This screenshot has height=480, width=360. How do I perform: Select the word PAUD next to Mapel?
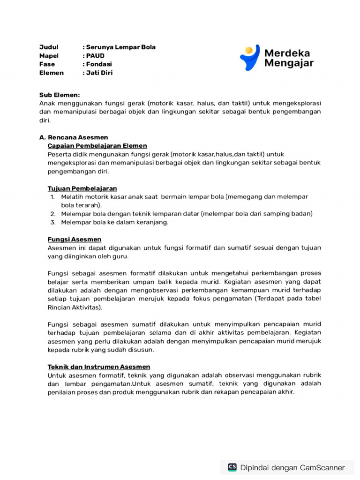pyautogui.click(x=95, y=56)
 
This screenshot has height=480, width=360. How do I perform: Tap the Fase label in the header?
pyautogui.click(x=47, y=64)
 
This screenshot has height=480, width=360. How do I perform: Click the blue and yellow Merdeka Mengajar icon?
pyautogui.click(x=250, y=58)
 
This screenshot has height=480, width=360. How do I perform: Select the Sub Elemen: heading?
pyautogui.click(x=60, y=95)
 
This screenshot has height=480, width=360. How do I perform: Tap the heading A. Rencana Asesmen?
pyautogui.click(x=74, y=137)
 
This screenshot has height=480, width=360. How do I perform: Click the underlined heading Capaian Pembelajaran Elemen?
pyautogui.click(x=97, y=146)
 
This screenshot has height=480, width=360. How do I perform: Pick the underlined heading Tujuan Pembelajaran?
pyautogui.click(x=82, y=188)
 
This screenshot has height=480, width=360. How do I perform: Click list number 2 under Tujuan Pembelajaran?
pyautogui.click(x=53, y=214)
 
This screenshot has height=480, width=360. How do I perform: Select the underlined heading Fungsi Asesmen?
pyautogui.click(x=75, y=239)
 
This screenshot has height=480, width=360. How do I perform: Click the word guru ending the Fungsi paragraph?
pyautogui.click(x=119, y=256)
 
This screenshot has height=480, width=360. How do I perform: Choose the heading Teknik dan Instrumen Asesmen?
pyautogui.click(x=99, y=367)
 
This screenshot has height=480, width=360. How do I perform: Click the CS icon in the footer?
pyautogui.click(x=232, y=467)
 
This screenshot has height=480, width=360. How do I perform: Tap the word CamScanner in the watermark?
pyautogui.click(x=322, y=467)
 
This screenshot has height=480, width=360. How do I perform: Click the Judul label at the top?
pyautogui.click(x=48, y=47)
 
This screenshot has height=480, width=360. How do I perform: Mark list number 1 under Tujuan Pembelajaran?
pyautogui.click(x=53, y=197)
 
